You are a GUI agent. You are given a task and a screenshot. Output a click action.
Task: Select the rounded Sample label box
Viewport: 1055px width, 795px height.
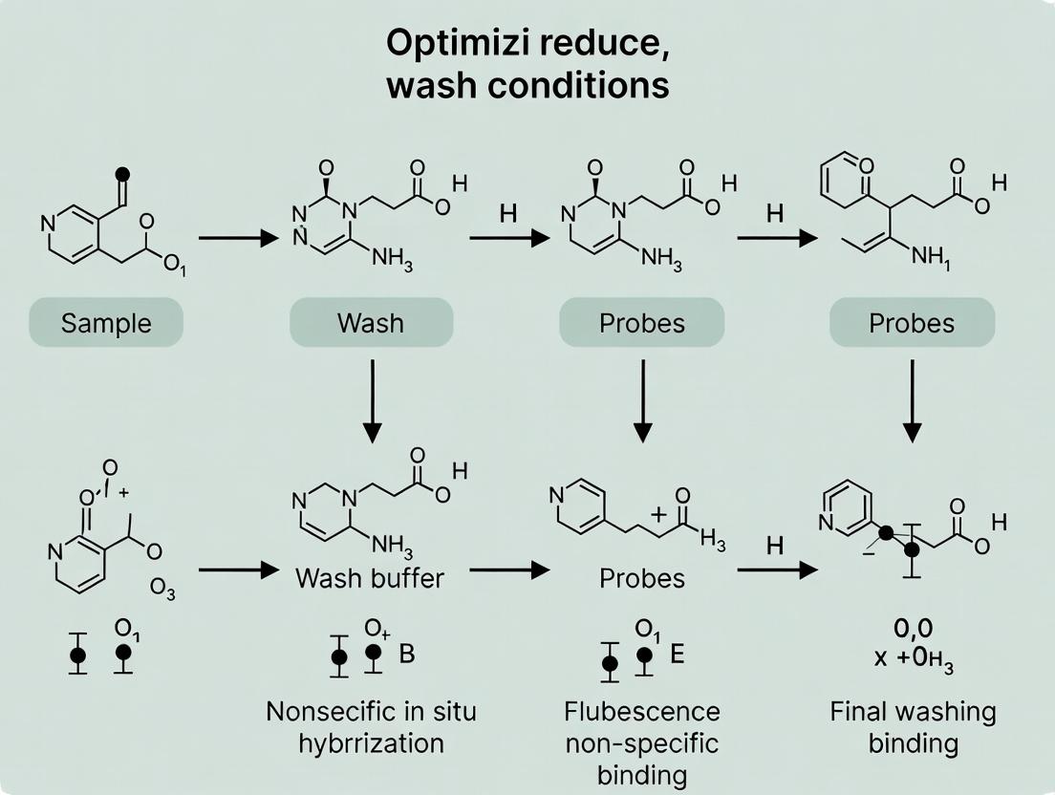pyautogui.click(x=106, y=322)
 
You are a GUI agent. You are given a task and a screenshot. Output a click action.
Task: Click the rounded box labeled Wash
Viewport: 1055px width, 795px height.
pyautogui.click(x=371, y=322)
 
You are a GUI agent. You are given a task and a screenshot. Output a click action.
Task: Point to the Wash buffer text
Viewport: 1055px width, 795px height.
pyautogui.click(x=371, y=578)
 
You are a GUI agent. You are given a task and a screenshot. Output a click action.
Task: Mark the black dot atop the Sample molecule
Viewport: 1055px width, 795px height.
pyautogui.click(x=121, y=175)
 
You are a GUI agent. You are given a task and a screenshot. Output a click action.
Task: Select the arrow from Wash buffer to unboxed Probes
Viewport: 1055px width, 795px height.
pyautogui.click(x=509, y=569)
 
